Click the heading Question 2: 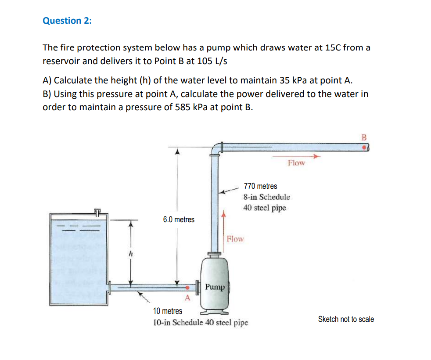pos(67,21)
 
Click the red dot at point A pos(187,288)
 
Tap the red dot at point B pos(364,148)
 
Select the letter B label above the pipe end pos(363,137)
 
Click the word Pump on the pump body pos(215,287)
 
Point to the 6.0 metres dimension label pos(178,219)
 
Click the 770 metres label pos(260,186)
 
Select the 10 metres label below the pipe pos(167,311)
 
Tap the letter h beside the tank pos(130,254)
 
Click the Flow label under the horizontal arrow pos(296,163)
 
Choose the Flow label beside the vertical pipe pos(235,239)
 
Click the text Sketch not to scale pos(346,319)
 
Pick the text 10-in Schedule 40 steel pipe pos(200,323)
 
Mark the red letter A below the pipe pos(187,299)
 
